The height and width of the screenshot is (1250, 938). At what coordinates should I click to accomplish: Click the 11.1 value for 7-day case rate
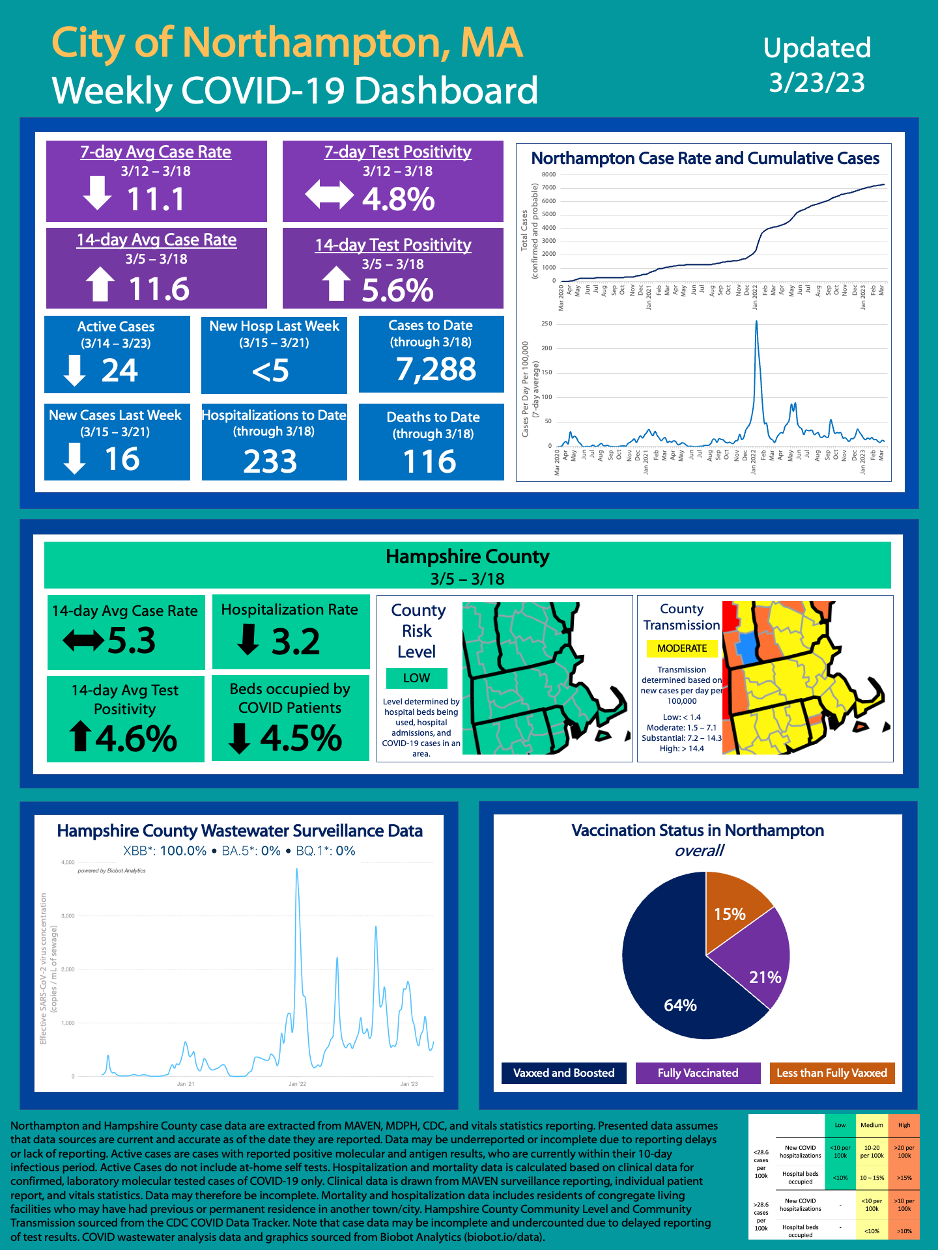156,199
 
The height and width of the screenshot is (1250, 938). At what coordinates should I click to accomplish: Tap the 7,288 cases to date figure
436,369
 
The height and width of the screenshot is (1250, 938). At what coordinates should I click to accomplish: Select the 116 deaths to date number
430,462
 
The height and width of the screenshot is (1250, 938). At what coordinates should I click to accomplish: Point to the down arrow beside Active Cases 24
75,370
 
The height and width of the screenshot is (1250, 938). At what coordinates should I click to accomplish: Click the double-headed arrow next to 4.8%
330,195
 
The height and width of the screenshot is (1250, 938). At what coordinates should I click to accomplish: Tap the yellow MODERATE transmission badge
681,648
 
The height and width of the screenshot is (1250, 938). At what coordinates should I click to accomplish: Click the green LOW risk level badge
416,678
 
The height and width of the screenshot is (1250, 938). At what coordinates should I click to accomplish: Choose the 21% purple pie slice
760,964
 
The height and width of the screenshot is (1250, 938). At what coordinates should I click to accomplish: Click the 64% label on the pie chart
680,1006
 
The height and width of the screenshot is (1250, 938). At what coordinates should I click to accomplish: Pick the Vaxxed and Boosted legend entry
563,1073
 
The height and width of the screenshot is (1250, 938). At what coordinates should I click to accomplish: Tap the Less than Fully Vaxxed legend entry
831,1073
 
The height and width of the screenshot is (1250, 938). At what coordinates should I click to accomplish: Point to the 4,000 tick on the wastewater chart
68,862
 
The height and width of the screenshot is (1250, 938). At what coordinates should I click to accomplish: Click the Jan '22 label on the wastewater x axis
297,1084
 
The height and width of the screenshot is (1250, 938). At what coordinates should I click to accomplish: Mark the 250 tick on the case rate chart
547,324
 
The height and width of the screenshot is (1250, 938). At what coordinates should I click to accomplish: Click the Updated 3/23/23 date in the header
817,65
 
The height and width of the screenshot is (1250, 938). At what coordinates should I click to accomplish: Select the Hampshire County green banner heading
467,557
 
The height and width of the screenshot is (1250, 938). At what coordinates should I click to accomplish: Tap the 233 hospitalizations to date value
270,462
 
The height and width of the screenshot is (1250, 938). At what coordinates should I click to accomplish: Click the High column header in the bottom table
904,1125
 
